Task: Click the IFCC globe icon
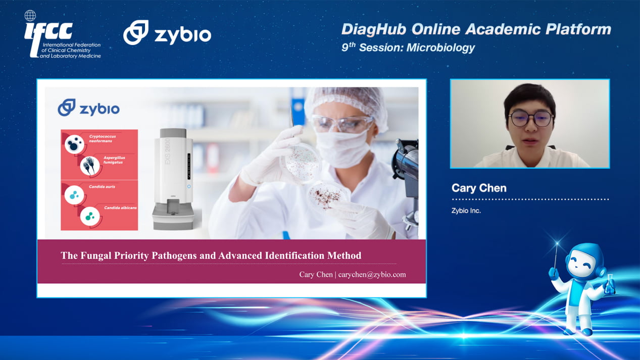[x=30, y=16]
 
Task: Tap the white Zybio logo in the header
[x=167, y=32]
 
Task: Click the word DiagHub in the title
[x=374, y=29]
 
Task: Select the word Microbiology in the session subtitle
[x=440, y=47]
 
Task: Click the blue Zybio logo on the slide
[x=88, y=108]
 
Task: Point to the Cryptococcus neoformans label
[x=102, y=139]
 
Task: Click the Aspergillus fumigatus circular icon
[x=90, y=165]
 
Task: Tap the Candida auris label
[x=102, y=187]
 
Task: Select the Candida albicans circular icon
[x=90, y=216]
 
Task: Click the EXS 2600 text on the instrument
[x=167, y=151]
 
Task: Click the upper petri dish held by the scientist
[x=301, y=163]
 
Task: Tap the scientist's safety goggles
[x=341, y=123]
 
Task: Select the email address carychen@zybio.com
[x=372, y=275]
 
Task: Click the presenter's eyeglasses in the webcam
[x=531, y=119]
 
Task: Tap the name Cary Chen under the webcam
[x=479, y=188]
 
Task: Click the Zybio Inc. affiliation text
[x=466, y=211]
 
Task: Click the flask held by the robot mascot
[x=609, y=285]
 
